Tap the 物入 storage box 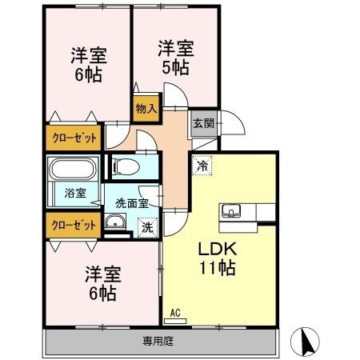[x=146, y=106]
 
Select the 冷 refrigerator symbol [x=202, y=166]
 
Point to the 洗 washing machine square [x=147, y=226]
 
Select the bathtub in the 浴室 [x=73, y=170]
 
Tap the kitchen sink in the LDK [x=233, y=212]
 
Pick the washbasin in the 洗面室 [x=116, y=224]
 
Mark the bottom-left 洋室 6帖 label [x=102, y=283]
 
